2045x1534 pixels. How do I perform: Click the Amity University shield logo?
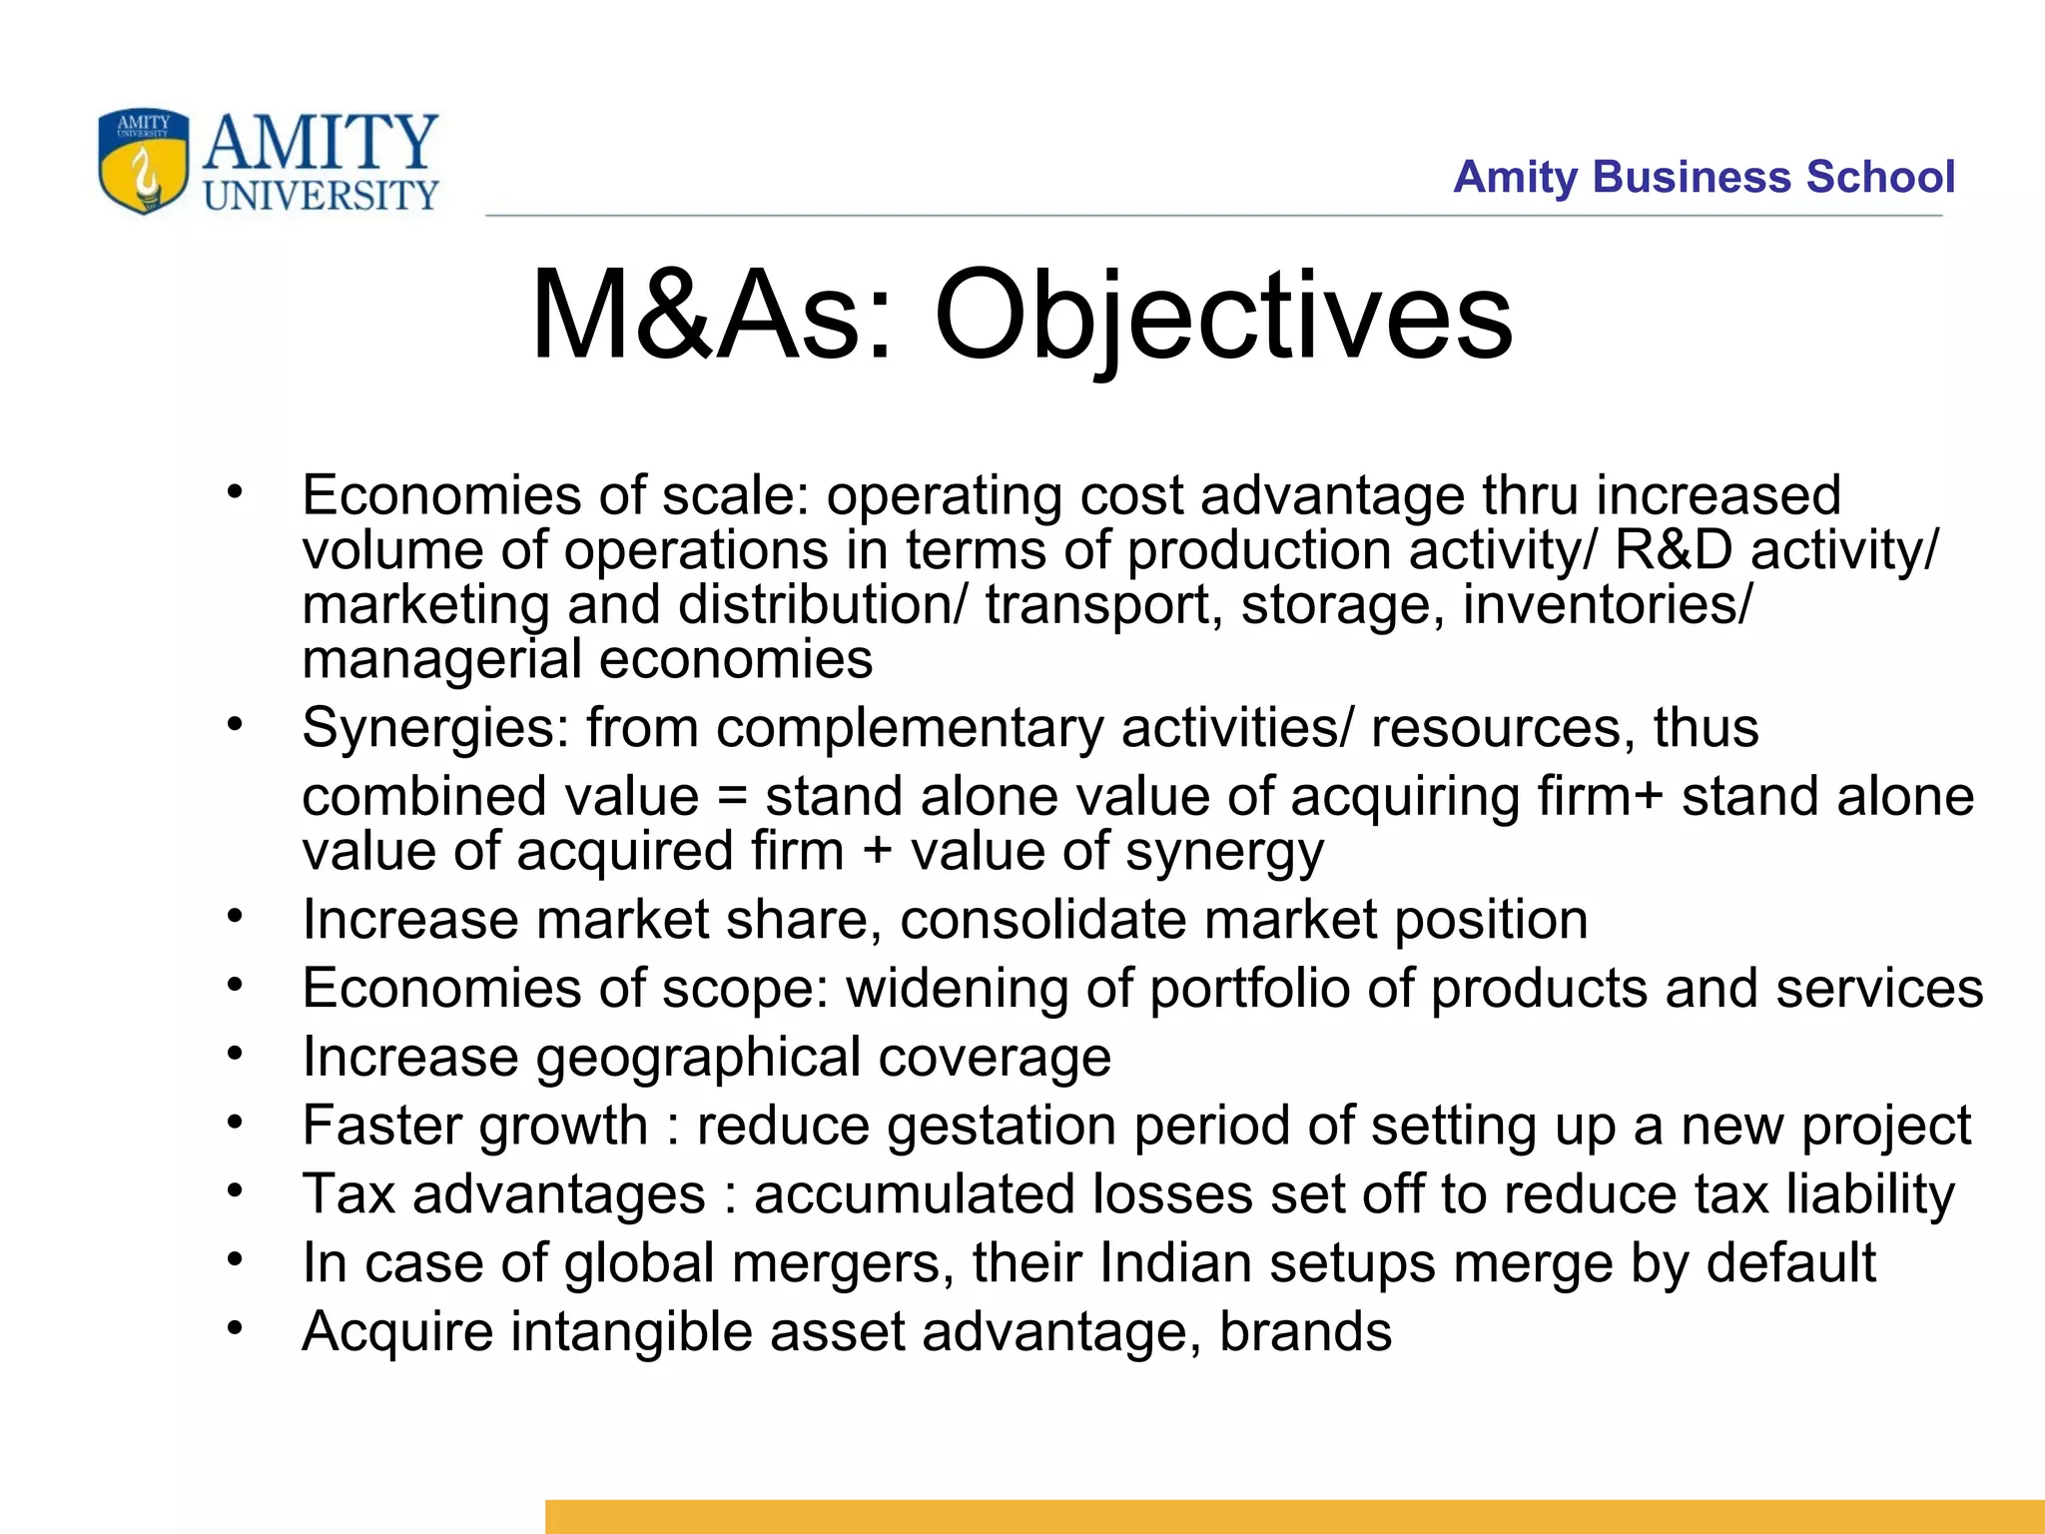coord(144,161)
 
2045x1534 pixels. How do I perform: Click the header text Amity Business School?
coord(1704,177)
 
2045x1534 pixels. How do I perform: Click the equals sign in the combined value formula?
coord(732,797)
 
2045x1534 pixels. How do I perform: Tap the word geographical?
coord(698,1058)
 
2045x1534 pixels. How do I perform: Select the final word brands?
coord(1305,1331)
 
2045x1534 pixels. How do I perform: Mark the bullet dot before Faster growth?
coord(235,1123)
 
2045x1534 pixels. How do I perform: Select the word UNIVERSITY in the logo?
coord(321,195)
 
